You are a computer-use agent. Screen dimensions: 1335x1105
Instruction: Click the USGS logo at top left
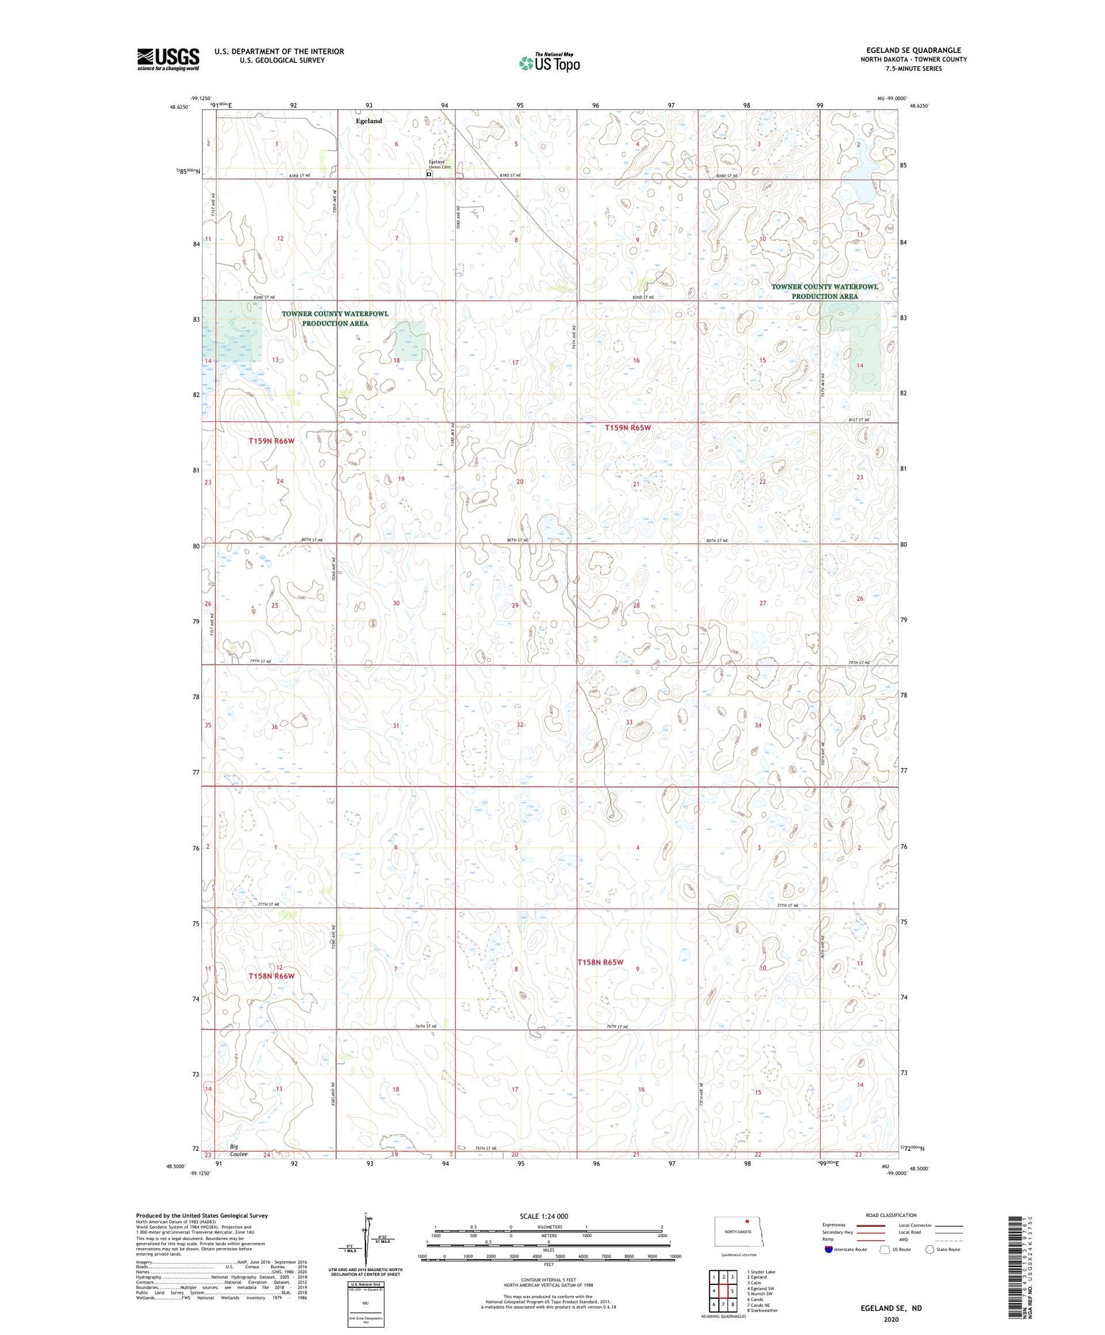[168, 59]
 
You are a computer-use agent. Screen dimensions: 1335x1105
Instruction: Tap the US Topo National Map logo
[550, 63]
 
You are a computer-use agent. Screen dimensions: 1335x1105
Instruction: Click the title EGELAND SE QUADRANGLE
[913, 50]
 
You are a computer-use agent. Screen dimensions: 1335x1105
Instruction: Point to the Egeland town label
[369, 121]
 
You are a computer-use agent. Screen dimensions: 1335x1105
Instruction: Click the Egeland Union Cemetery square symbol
[429, 175]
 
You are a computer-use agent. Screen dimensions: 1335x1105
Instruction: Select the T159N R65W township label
[628, 428]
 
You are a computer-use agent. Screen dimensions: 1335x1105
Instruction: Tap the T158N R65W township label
[600, 962]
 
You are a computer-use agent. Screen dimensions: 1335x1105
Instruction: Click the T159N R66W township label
[271, 441]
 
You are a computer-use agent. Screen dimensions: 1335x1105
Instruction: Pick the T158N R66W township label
[271, 976]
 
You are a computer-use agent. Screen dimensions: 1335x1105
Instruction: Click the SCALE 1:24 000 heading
[544, 1216]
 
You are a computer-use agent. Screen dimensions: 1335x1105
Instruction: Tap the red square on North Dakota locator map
[747, 1220]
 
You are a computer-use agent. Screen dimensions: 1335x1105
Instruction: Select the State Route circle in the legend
[930, 1250]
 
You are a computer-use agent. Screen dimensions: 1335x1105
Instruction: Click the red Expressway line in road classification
[870, 1225]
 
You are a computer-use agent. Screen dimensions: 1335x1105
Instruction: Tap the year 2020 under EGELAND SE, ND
[891, 1320]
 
